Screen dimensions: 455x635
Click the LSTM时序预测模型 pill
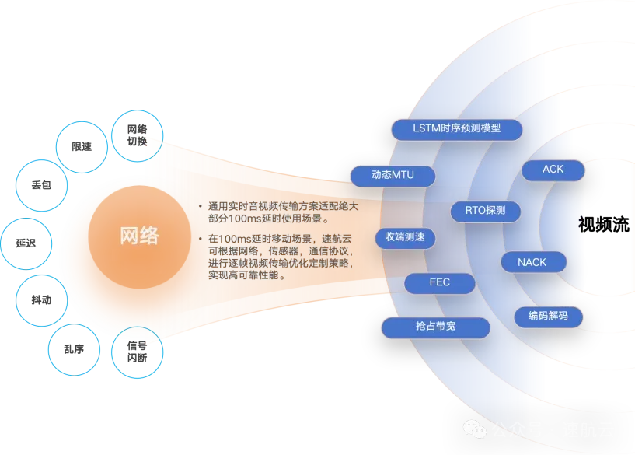456,129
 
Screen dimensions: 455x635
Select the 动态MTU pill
393,175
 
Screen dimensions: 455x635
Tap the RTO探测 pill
485,210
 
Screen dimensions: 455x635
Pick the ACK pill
553,170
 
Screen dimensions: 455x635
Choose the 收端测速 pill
404,237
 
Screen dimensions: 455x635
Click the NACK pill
532,262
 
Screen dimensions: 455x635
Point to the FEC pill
439,282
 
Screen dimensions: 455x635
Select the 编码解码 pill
547,316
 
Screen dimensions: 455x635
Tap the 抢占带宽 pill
435,327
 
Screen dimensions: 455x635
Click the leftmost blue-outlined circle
27,243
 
